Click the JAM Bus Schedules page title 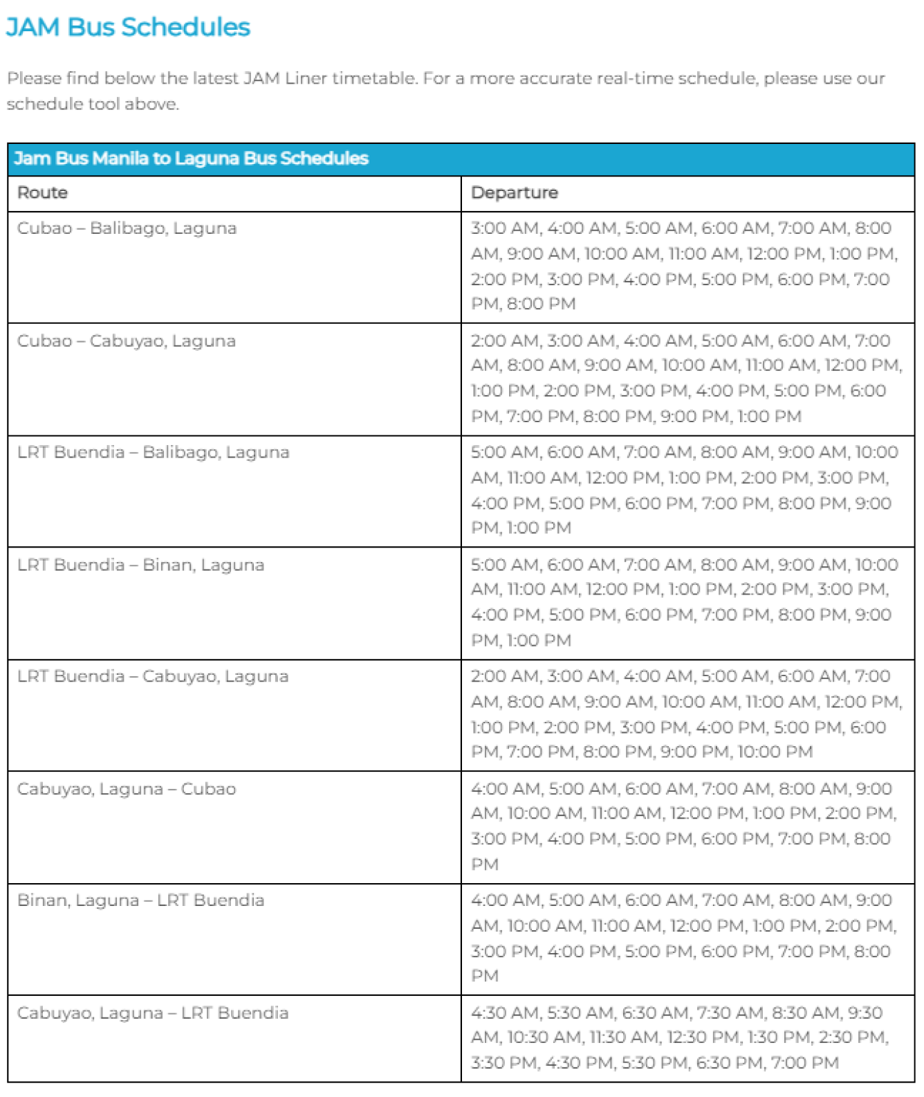coord(128,27)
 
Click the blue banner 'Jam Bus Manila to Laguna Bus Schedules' coord(191,158)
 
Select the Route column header coord(42,192)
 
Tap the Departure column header coord(514,192)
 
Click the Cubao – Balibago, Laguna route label coord(127,228)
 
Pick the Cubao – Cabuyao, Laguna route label coord(127,341)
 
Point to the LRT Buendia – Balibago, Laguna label coord(153,452)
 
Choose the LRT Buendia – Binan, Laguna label coord(140,565)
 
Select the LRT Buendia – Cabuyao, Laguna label coord(153,676)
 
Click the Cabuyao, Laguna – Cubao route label coord(127,789)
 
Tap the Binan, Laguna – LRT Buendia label coord(140,900)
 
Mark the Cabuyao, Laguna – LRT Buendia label coord(153,1013)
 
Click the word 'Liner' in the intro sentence coord(305,78)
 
